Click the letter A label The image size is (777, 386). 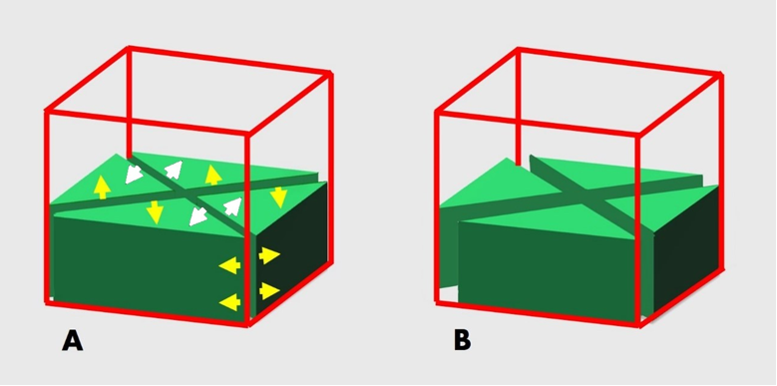(73, 341)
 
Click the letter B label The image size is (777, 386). (463, 341)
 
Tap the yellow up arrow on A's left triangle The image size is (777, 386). (102, 188)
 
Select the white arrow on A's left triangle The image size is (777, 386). (134, 174)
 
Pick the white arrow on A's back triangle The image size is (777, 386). (173, 170)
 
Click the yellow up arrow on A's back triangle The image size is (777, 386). (213, 175)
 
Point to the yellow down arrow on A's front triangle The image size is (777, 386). (156, 212)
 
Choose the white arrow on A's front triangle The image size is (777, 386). (198, 216)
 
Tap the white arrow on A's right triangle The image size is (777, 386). (232, 206)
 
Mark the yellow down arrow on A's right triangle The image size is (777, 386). (279, 197)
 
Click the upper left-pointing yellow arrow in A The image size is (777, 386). (229, 265)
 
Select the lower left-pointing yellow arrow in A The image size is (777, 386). (229, 302)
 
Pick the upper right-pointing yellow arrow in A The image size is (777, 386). (269, 255)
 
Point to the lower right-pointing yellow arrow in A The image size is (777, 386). (269, 291)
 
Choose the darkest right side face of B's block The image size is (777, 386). (687, 248)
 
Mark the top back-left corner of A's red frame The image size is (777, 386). (130, 48)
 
